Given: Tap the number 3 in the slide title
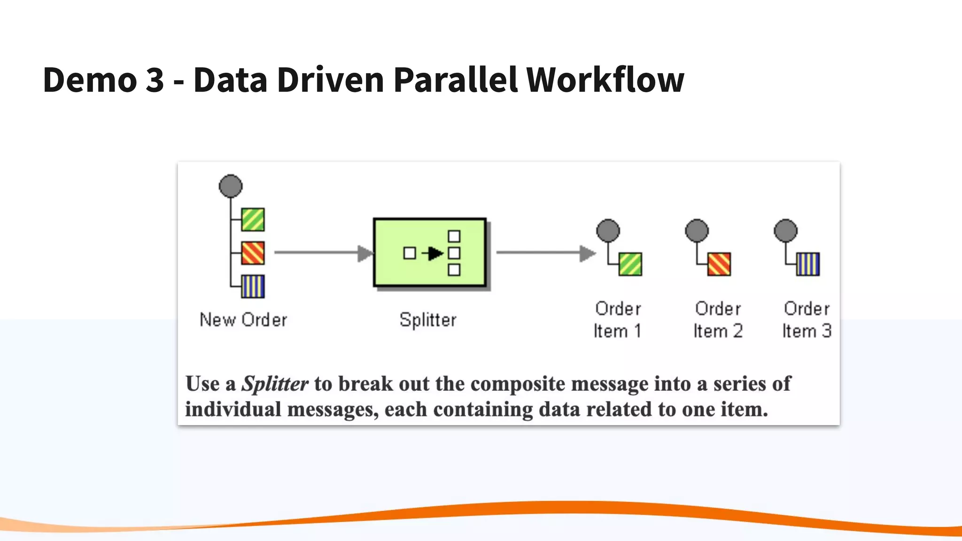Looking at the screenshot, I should [x=155, y=80].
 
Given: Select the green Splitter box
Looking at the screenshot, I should [x=429, y=253].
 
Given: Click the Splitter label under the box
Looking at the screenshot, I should [x=427, y=320].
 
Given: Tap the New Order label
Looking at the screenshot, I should [x=243, y=320].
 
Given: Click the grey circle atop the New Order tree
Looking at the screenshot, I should [x=231, y=186].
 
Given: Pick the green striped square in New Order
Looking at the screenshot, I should [x=253, y=219].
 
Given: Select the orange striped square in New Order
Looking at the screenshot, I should [x=253, y=253].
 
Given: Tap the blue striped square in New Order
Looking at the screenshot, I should [x=253, y=286].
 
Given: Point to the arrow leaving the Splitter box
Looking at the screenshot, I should [x=545, y=253].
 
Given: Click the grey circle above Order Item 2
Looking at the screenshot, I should [x=697, y=231].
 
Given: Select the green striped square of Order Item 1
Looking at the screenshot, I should [x=630, y=264].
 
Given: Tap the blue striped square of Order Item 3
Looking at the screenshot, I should [x=808, y=264].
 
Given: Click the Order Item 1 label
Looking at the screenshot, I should [x=617, y=320].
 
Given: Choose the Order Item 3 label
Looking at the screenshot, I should [x=807, y=320].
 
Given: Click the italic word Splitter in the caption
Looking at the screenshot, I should [x=275, y=384].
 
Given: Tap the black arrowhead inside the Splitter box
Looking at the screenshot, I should [x=436, y=254].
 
